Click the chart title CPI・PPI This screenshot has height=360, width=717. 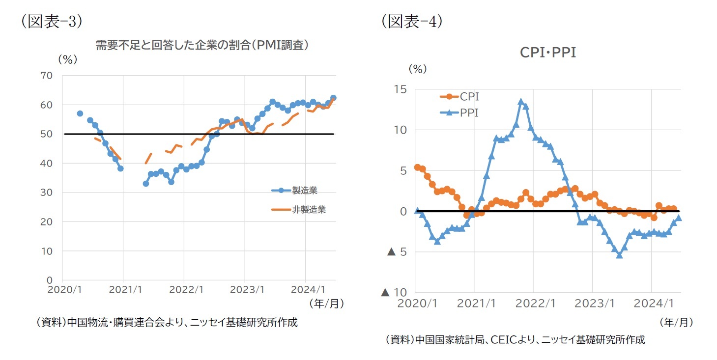pyautogui.click(x=547, y=53)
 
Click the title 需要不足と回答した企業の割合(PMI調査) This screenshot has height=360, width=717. pyautogui.click(x=201, y=45)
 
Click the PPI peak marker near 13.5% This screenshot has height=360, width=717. pyautogui.click(x=521, y=102)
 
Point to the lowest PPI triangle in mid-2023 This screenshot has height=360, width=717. pyautogui.click(x=619, y=255)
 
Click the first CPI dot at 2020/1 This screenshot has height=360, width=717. pyautogui.click(x=417, y=167)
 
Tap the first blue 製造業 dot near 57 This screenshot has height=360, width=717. pyautogui.click(x=80, y=113)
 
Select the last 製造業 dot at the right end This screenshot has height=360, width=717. pyautogui.click(x=333, y=98)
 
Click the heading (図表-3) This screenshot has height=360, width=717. pyautogui.click(x=51, y=22)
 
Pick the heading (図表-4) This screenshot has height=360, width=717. pyautogui.click(x=412, y=22)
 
